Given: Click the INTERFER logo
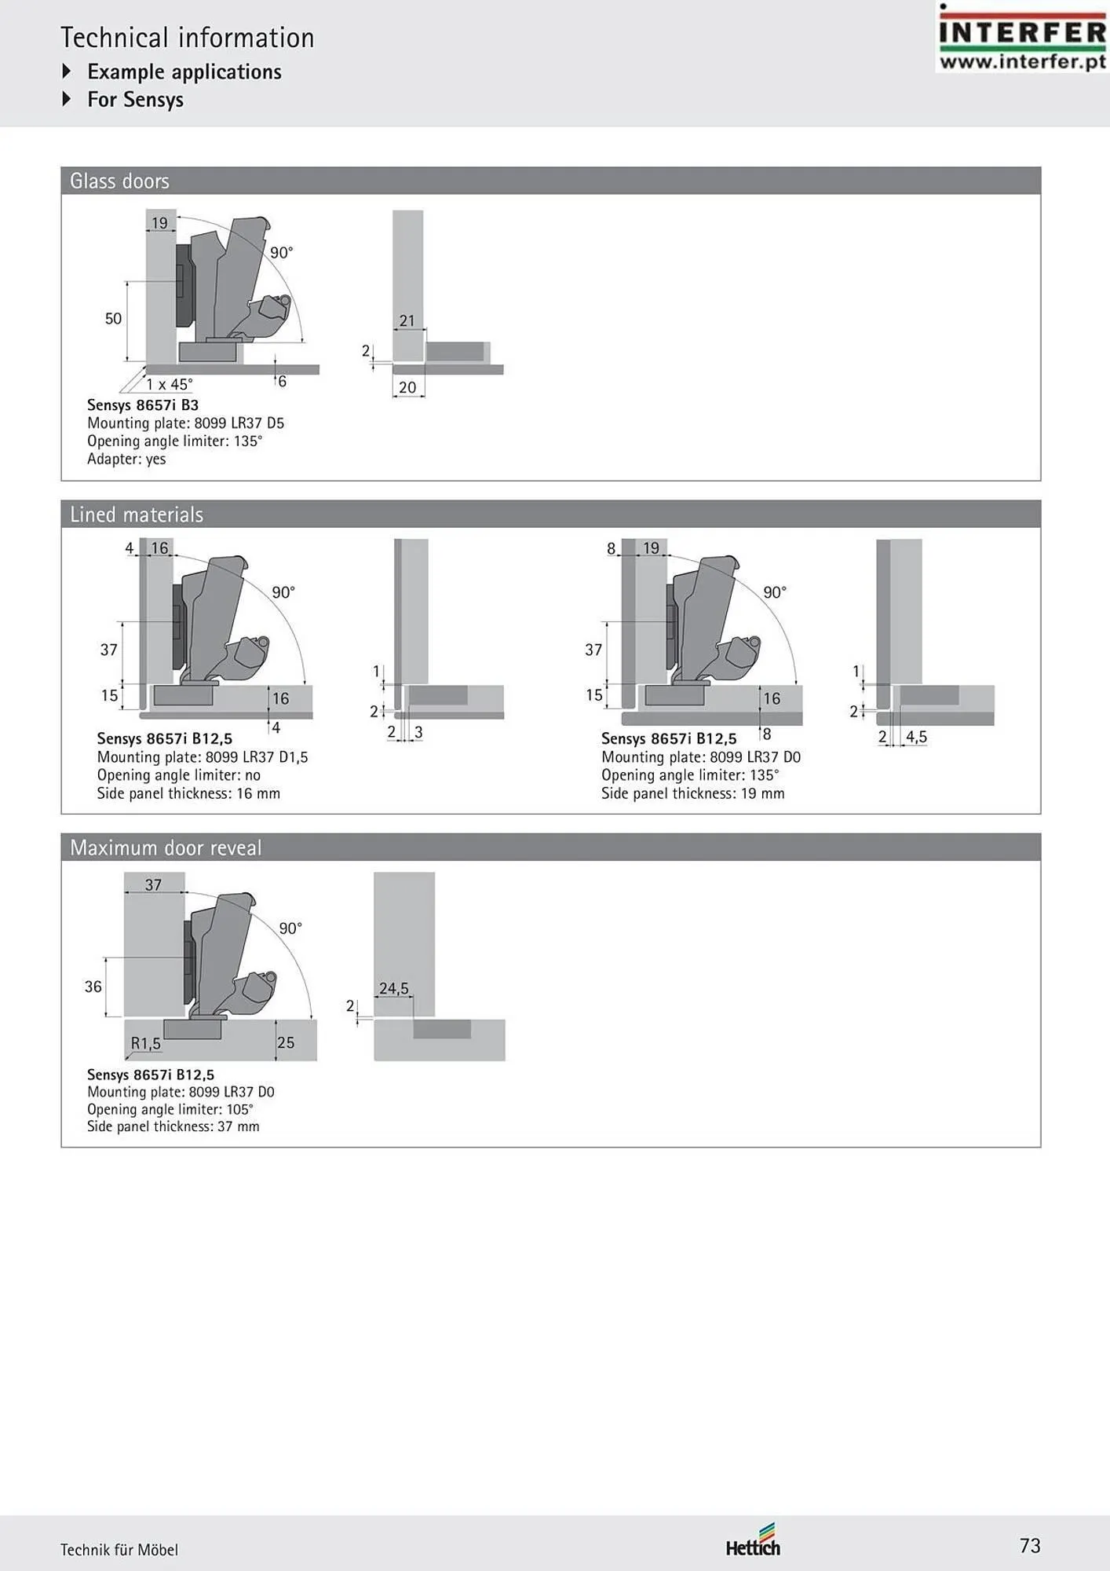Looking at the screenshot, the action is point(1022,38).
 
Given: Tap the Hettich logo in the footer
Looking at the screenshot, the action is point(753,1540).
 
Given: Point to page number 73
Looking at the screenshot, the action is point(1030,1546).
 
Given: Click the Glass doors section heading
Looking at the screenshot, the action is point(119,181).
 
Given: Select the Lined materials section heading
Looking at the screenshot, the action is point(137,515).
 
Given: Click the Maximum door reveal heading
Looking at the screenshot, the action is point(166,848).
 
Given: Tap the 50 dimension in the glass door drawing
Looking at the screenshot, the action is point(113,318).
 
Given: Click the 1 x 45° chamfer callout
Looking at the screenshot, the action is point(169,384).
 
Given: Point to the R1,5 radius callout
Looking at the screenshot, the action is point(145,1043).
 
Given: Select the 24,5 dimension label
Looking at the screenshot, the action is point(394,988).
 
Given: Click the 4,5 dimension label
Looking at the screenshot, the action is point(916,737).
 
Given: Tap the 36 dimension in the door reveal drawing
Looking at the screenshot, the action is point(93,987).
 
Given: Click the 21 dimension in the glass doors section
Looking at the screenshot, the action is point(407,320).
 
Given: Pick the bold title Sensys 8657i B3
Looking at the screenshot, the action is point(143,405).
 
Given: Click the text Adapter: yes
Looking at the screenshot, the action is point(126,459).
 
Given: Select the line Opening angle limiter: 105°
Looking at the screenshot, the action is point(170,1109).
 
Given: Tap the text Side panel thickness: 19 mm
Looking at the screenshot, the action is point(693,793).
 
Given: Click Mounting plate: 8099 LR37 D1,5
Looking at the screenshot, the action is point(203,757).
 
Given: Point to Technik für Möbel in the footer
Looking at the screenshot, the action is point(119,1550).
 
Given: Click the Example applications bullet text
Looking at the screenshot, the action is point(184,71).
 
